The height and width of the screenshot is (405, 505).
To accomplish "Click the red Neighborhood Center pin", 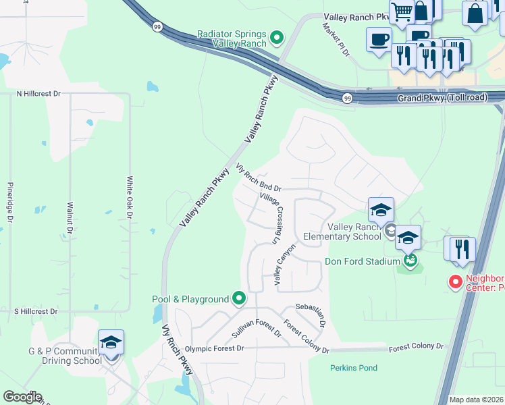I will (456, 282).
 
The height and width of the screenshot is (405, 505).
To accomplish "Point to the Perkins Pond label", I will (353, 368).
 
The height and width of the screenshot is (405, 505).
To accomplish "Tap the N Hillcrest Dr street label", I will (38, 94).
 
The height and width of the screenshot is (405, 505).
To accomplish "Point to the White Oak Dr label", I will (129, 198).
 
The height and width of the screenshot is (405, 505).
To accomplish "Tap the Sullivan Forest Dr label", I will (256, 330).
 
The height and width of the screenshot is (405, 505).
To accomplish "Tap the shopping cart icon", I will (402, 11).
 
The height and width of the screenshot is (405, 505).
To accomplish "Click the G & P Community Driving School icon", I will (111, 343).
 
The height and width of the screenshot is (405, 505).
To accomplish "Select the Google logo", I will (22, 397).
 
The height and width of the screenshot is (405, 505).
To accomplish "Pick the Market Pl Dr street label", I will (336, 39).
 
